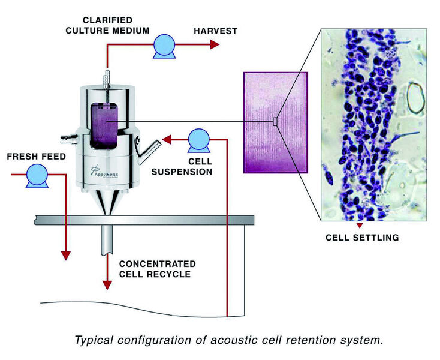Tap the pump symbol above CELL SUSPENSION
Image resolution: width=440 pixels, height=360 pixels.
pyautogui.click(x=198, y=141)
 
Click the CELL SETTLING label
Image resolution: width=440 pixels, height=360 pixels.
pyautogui.click(x=362, y=238)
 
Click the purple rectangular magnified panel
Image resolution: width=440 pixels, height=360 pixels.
pyautogui.click(x=276, y=123)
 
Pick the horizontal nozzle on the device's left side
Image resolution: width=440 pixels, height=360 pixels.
pyautogui.click(x=67, y=142)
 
